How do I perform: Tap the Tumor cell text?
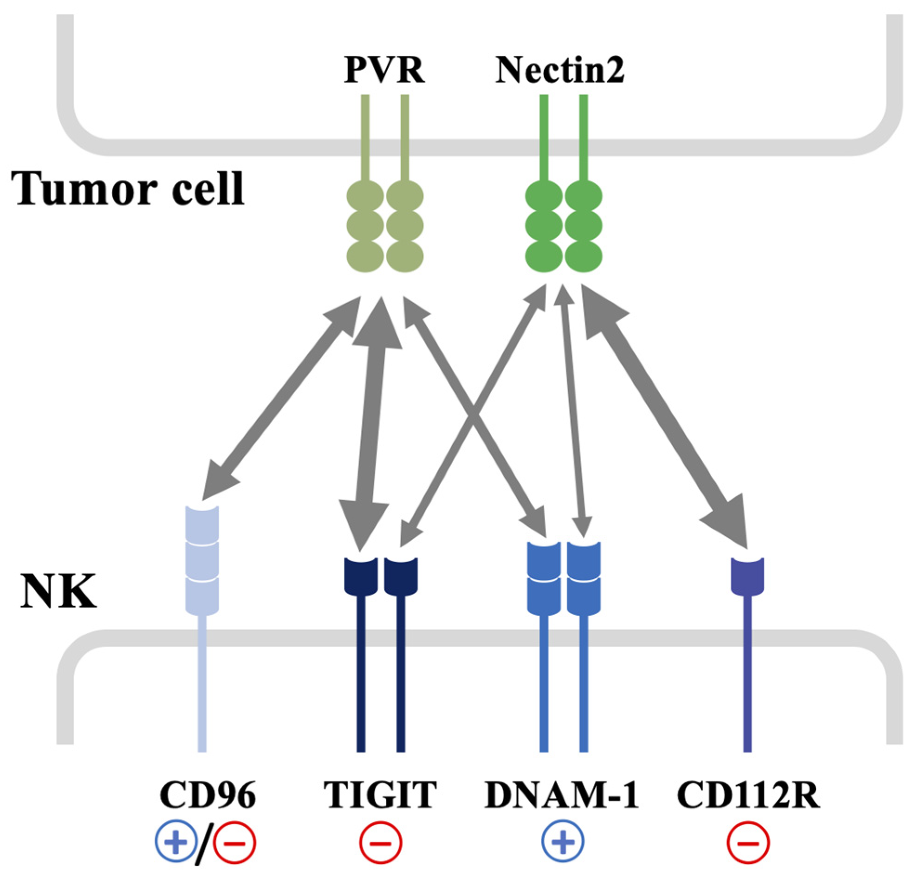click(x=128, y=189)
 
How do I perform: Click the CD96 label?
click(x=208, y=795)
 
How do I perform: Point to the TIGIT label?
click(x=380, y=795)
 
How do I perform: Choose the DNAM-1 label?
click(x=561, y=795)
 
